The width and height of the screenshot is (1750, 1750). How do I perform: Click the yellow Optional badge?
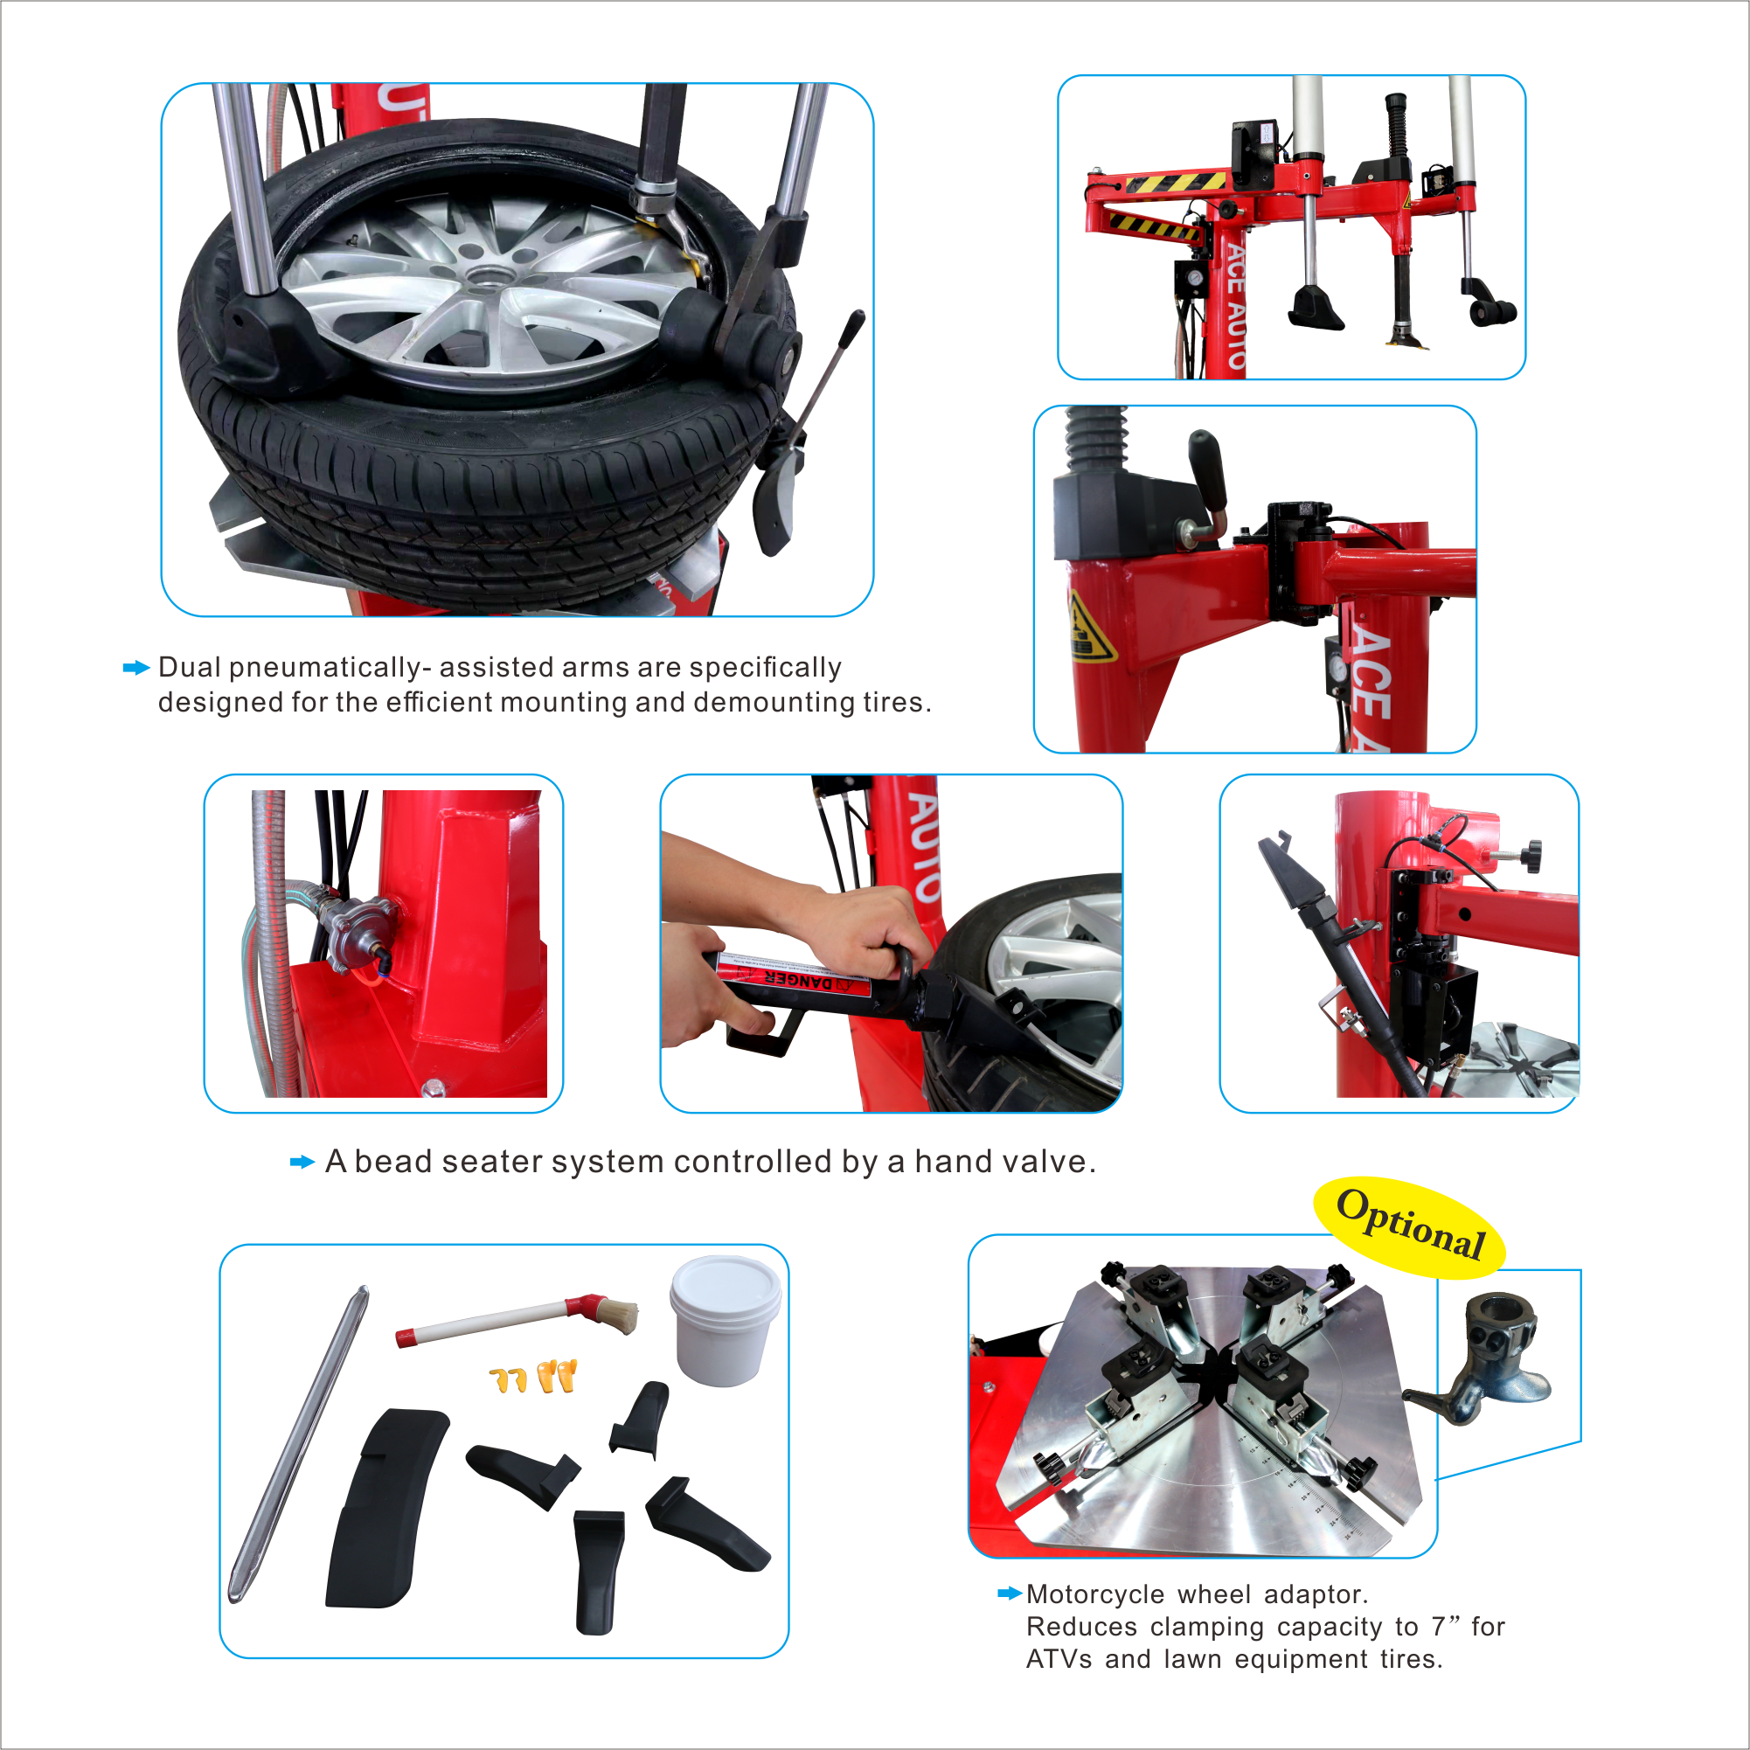1409,1227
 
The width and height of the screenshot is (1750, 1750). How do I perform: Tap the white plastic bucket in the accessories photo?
725,1320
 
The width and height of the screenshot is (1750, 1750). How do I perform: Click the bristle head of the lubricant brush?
615,1315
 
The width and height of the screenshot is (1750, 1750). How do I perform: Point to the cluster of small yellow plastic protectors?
533,1377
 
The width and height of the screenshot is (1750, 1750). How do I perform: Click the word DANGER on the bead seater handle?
798,981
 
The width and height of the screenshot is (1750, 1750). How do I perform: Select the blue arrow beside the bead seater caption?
302,1162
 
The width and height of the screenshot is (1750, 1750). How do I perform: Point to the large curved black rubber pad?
385,1508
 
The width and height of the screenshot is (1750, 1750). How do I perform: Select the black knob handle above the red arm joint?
1208,471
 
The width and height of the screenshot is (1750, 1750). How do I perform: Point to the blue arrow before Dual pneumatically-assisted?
135,669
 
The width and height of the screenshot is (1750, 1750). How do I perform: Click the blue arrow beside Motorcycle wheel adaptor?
1009,1594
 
